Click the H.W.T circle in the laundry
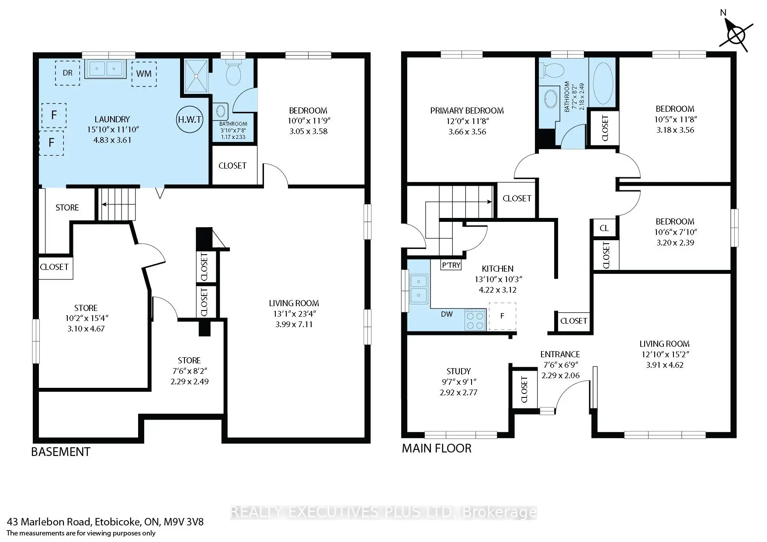coord(190,119)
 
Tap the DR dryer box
coord(67,73)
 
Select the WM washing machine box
coord(144,73)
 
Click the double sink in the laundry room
coord(105,69)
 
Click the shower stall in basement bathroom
coord(196,76)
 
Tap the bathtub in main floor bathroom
coord(603,83)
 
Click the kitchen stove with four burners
coord(475,319)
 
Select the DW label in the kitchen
coord(447,314)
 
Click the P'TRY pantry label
coord(451,265)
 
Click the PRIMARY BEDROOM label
coord(467,110)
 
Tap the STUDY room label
coord(458,371)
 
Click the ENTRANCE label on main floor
coord(560,354)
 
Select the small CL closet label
coord(604,228)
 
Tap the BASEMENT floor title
coord(61,452)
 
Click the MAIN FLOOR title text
coord(437,448)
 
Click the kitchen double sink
coord(418,288)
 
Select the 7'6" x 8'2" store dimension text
coord(189,371)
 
